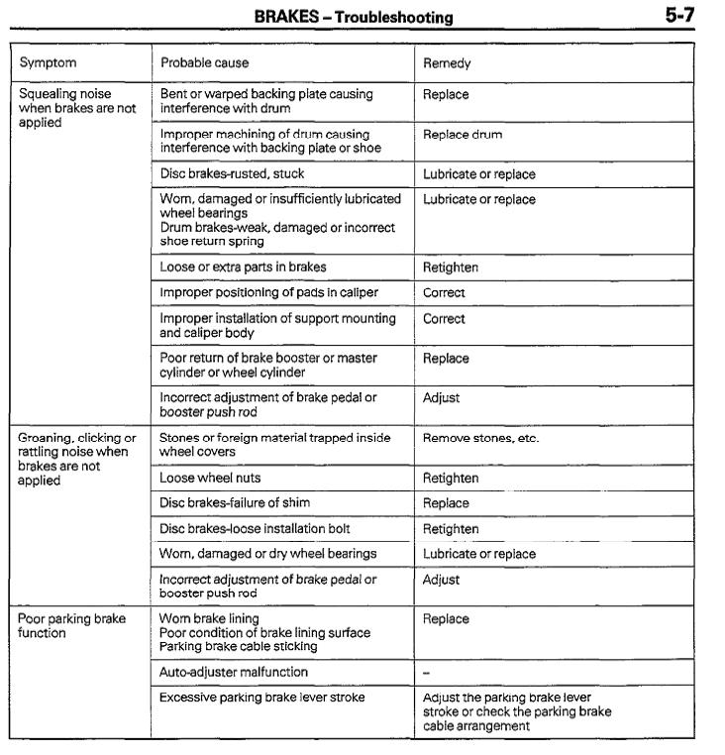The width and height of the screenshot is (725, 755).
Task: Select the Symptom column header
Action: coord(47,63)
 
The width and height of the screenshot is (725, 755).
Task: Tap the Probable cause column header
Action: coord(206,63)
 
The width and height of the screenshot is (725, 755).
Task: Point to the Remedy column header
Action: coord(447,63)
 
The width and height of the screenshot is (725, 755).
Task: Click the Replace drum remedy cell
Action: coord(462,134)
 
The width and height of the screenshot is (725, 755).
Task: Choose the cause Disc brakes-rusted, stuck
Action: coord(232,174)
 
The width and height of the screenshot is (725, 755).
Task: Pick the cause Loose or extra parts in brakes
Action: coord(243,268)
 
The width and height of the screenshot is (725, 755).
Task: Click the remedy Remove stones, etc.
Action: coord(480,438)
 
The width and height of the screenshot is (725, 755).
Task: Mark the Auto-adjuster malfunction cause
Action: coord(234,672)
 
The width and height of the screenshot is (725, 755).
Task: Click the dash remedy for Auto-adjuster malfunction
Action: coord(426,672)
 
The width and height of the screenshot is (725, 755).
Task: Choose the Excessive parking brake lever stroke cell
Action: coord(261,698)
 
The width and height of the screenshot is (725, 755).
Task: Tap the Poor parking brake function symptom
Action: coord(72,626)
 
